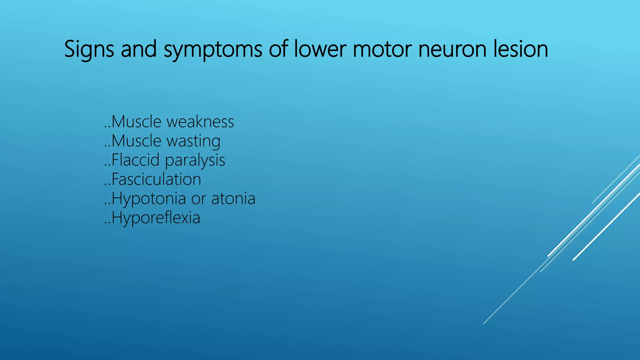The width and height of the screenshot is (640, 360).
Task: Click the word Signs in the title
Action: pyautogui.click(x=89, y=49)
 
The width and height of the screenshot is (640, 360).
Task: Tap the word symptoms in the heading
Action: pyautogui.click(x=213, y=49)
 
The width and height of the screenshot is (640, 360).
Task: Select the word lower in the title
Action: pyautogui.click(x=320, y=49)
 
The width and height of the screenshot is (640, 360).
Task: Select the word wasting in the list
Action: pyautogui.click(x=193, y=141)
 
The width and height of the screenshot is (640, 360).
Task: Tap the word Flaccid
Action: pyautogui.click(x=136, y=160)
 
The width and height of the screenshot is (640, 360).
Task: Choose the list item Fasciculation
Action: pyautogui.click(x=156, y=179)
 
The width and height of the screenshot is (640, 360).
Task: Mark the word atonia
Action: pyautogui.click(x=233, y=199)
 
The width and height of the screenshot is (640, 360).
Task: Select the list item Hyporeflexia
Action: pyautogui.click(x=156, y=218)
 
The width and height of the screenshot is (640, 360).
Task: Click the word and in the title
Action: pyautogui.click(x=139, y=49)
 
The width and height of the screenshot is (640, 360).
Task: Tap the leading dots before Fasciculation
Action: pyautogui.click(x=107, y=184)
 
